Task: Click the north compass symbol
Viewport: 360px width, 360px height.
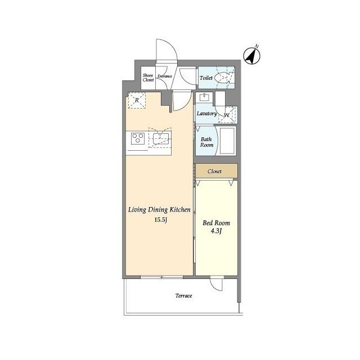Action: tap(251, 56)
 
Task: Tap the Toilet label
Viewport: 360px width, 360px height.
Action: tap(206, 78)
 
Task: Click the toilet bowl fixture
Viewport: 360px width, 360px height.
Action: tap(223, 78)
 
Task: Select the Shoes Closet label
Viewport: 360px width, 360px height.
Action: tap(148, 78)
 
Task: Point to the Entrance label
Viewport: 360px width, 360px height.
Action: tap(165, 76)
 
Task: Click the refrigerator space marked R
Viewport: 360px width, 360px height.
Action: tap(137, 100)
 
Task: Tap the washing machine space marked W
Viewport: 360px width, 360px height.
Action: tap(227, 115)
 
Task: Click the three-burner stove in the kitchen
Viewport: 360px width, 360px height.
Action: tap(138, 139)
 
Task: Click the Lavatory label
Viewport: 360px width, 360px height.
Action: tap(207, 114)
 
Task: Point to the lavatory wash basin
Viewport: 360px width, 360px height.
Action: tap(204, 97)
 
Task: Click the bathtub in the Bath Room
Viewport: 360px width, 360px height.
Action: tap(227, 141)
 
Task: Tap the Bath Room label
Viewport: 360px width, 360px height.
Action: tap(206, 142)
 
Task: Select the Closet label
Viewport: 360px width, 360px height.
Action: tap(214, 171)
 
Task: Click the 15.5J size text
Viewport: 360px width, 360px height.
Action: tap(160, 220)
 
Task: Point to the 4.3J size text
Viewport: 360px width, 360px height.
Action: tap(216, 231)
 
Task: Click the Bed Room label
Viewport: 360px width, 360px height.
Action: tap(216, 223)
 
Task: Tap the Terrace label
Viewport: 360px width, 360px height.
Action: tap(184, 296)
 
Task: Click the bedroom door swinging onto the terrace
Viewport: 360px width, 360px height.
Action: tap(217, 284)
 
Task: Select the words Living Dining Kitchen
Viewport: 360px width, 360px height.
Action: tap(159, 210)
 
